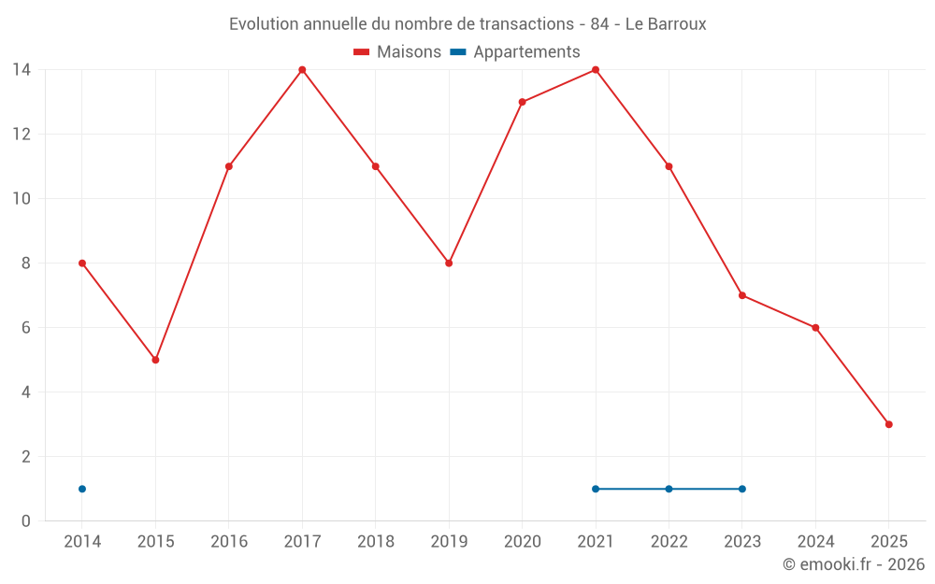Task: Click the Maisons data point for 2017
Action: [x=302, y=70]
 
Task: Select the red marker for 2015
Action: [x=155, y=360]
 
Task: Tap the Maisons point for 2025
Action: [x=888, y=424]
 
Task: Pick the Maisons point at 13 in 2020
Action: [x=522, y=102]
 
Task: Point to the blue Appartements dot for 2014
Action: [x=82, y=489]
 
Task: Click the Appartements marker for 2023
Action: [x=741, y=489]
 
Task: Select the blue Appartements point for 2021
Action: [x=596, y=489]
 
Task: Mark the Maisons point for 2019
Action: [x=449, y=264]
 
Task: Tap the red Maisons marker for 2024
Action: [x=815, y=328]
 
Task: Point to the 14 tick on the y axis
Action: [x=22, y=70]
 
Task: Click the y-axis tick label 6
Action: [x=26, y=328]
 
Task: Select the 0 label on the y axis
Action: [x=26, y=520]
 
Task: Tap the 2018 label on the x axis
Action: [x=376, y=542]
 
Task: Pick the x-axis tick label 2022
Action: [x=669, y=542]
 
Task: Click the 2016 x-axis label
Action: [x=229, y=542]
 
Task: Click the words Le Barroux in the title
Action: [x=666, y=23]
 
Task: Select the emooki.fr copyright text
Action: [x=854, y=564]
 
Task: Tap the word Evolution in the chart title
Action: [x=265, y=23]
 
